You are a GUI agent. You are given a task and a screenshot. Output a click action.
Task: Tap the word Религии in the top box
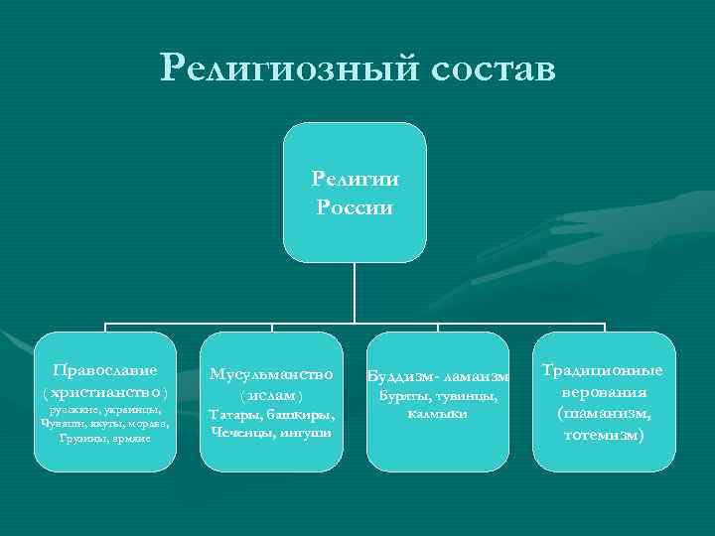355,180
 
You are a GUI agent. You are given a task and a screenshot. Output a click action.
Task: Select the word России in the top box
355,207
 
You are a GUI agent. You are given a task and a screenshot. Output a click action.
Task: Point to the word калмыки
437,413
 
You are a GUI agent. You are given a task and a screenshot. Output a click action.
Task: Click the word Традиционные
603,370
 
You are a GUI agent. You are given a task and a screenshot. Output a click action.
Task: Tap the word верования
604,392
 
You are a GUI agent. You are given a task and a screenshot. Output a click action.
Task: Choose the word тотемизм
604,434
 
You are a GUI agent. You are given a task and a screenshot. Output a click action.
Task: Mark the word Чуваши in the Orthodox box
61,423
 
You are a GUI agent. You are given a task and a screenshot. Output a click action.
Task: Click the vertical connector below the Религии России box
355,293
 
